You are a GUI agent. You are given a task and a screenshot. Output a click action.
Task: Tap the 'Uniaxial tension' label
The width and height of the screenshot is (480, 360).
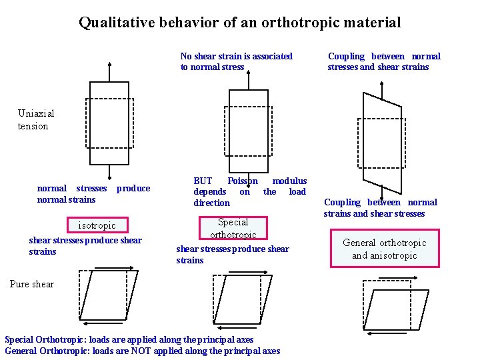[x=36, y=119]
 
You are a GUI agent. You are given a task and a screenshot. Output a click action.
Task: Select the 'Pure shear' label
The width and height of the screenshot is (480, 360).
[x=32, y=284]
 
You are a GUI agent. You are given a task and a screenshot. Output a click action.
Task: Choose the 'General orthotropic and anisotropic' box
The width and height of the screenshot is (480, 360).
[x=384, y=249]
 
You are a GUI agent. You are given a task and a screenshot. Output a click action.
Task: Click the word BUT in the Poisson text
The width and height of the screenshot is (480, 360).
[x=203, y=181]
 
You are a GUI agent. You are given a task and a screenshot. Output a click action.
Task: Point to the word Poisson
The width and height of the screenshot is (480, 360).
[x=242, y=181]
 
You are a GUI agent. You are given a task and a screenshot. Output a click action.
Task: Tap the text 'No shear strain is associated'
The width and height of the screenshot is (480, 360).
[x=236, y=56]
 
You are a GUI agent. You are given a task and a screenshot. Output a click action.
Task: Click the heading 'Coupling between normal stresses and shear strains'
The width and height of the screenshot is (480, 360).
[x=384, y=61]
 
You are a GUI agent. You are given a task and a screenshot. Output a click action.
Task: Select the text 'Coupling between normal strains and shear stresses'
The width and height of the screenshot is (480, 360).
[x=380, y=207]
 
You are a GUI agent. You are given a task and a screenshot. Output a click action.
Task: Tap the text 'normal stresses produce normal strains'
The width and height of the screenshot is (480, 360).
[x=93, y=193]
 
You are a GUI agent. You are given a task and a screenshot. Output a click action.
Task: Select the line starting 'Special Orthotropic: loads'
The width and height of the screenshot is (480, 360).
[x=129, y=339]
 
